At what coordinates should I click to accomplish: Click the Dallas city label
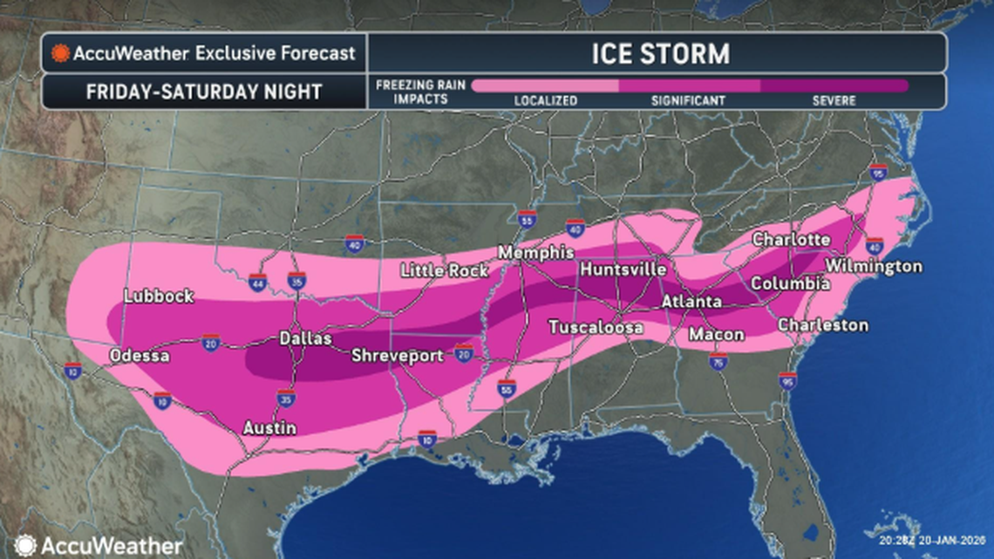(x=305, y=338)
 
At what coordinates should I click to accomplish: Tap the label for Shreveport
(x=397, y=356)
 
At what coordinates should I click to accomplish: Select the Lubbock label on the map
(x=159, y=296)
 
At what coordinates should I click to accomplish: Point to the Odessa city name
(x=139, y=356)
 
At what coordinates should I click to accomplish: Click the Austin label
(x=269, y=428)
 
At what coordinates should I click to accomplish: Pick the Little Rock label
(x=444, y=271)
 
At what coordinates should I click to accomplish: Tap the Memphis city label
(x=535, y=253)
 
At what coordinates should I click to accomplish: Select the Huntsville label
(x=623, y=269)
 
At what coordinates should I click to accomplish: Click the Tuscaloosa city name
(x=596, y=327)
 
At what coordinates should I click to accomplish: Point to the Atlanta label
(x=691, y=302)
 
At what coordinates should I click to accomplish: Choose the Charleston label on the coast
(x=822, y=325)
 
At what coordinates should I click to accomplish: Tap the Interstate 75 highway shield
(x=718, y=362)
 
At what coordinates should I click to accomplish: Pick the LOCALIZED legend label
(x=545, y=101)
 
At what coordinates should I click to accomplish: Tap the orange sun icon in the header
(x=60, y=53)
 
